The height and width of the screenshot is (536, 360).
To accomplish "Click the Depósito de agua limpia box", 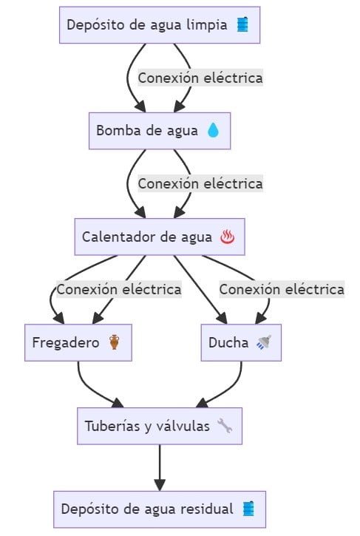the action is (x=160, y=25).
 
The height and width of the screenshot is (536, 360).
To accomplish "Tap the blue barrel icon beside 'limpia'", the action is (x=242, y=25).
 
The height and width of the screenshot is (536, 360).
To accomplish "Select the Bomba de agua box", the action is (x=160, y=131).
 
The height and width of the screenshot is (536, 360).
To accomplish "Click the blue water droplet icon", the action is (x=213, y=131).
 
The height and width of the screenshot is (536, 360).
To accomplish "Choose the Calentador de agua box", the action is (x=160, y=237).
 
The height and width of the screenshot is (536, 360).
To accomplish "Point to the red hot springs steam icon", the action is (x=228, y=237).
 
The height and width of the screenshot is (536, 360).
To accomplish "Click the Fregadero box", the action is (x=78, y=342).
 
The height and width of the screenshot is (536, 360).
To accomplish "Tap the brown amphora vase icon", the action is (x=114, y=342).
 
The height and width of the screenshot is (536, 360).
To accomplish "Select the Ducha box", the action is (x=241, y=342).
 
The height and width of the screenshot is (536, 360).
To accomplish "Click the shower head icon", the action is (x=264, y=342).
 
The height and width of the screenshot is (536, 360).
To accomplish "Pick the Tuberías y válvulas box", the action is (x=160, y=426).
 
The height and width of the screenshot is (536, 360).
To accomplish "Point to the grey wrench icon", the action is (x=225, y=426).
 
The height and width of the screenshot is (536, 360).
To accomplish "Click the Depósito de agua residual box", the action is (x=160, y=509).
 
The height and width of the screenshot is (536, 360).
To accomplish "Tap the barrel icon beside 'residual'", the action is (x=248, y=509).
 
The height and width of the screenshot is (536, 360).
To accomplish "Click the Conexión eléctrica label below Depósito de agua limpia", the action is (x=200, y=78).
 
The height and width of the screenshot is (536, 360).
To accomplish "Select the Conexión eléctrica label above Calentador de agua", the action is (x=200, y=184).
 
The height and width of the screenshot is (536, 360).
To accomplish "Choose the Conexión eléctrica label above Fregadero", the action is (x=119, y=290).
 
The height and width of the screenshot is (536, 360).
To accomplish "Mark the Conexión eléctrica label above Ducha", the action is (x=282, y=290).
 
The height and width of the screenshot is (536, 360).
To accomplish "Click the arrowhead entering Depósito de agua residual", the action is (x=160, y=485).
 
